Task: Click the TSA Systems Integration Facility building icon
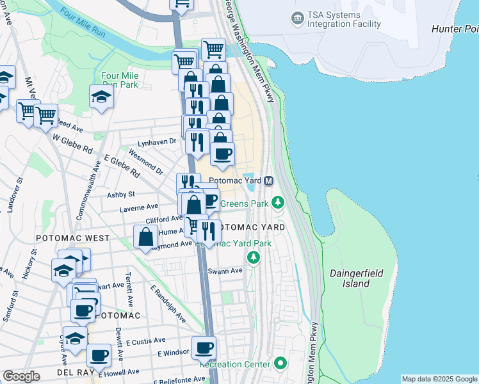(x=297, y=19)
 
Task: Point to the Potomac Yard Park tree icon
(x=254, y=257)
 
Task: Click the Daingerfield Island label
(x=356, y=278)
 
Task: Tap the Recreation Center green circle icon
(x=280, y=364)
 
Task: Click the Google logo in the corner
(x=21, y=376)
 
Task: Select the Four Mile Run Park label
(x=120, y=79)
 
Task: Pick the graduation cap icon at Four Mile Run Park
(x=101, y=97)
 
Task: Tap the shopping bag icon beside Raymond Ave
(x=146, y=236)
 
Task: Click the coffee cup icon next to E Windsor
(x=204, y=348)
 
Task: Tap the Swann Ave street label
(x=225, y=271)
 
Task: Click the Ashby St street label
(x=121, y=194)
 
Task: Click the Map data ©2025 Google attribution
(x=439, y=379)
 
